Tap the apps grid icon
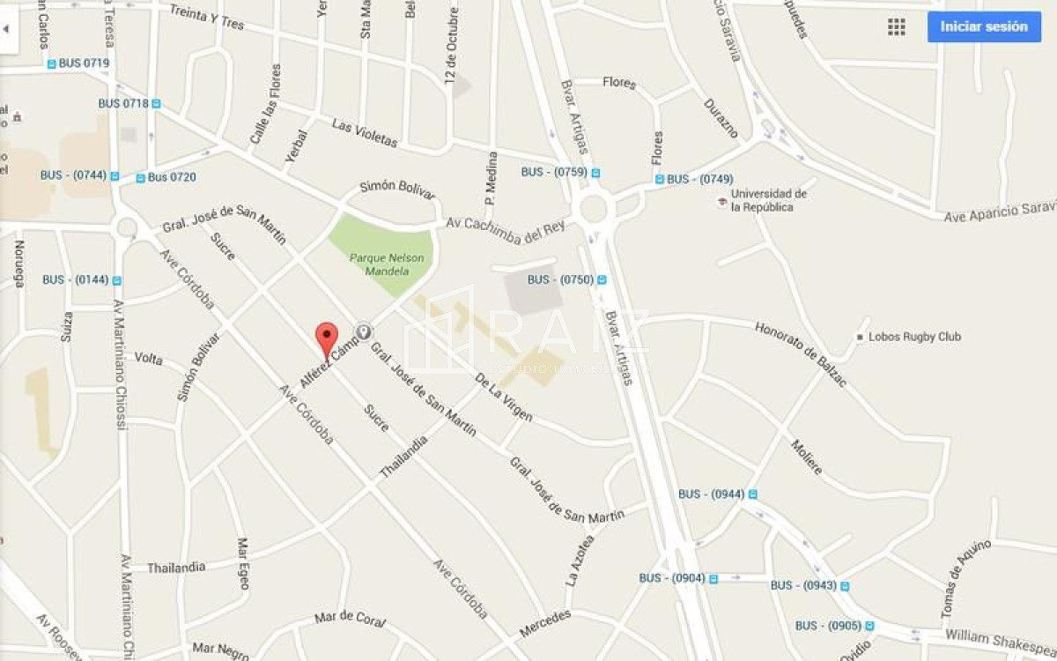[896, 26]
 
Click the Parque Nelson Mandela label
[387, 264]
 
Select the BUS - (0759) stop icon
[595, 173]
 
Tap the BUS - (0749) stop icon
[660, 179]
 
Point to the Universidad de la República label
[762, 200]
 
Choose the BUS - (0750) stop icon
[602, 280]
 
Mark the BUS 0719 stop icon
[51, 63]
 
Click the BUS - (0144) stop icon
[116, 280]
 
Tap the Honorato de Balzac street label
[801, 354]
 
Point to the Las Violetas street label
[365, 132]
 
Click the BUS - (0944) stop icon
[752, 494]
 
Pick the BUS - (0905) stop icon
[869, 626]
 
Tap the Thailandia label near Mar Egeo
[176, 568]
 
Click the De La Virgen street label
[504, 397]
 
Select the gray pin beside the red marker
[362, 331]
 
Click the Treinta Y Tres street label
[206, 17]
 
